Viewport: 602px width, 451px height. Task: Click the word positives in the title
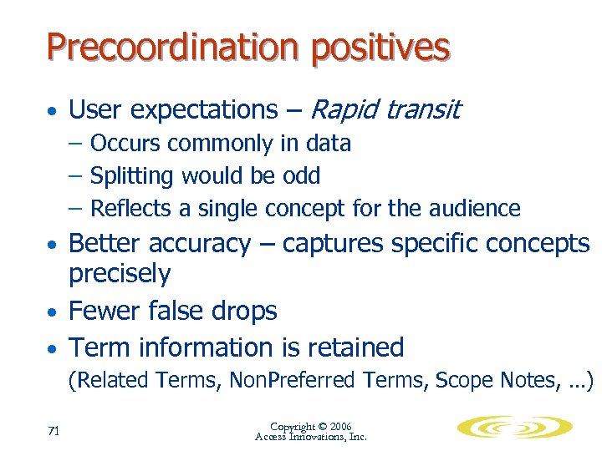pos(380,48)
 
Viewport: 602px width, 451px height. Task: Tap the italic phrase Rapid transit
pos(385,109)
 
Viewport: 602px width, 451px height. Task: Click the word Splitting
pos(132,176)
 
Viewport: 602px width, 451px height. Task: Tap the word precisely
pos(120,274)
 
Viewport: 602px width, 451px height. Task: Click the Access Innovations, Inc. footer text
pos(310,437)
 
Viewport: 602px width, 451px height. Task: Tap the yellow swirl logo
pos(514,428)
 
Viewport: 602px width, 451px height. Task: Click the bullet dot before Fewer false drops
pos(52,312)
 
